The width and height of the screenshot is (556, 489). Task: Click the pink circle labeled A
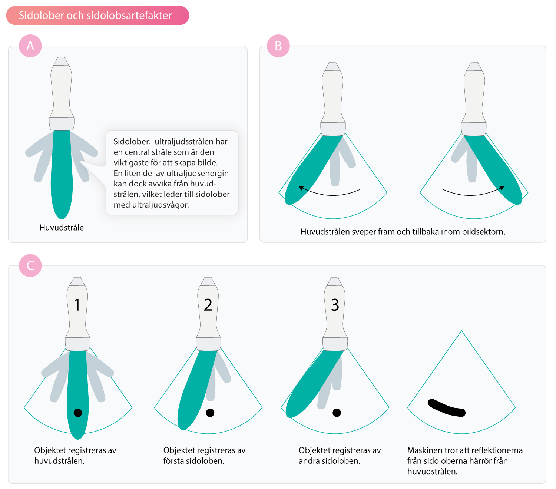pyautogui.click(x=30, y=46)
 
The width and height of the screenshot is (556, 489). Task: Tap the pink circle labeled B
pyautogui.click(x=278, y=46)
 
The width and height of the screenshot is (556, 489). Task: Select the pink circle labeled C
pyautogui.click(x=30, y=265)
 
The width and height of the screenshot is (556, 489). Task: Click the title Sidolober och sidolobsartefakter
pyautogui.click(x=95, y=15)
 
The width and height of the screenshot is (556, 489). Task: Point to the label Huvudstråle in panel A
pyautogui.click(x=62, y=228)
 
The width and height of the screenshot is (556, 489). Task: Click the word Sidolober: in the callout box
pyautogui.click(x=132, y=141)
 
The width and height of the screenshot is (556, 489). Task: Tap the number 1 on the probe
pyautogui.click(x=77, y=305)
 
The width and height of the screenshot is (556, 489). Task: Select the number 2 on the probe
pyautogui.click(x=208, y=305)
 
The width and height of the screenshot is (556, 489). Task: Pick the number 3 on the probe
pyautogui.click(x=335, y=305)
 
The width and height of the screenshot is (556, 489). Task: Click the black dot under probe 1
pyautogui.click(x=78, y=413)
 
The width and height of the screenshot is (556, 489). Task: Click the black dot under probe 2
pyautogui.click(x=210, y=413)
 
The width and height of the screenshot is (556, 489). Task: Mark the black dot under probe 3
pyautogui.click(x=337, y=413)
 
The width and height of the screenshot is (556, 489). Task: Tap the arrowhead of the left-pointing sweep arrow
pyautogui.click(x=301, y=188)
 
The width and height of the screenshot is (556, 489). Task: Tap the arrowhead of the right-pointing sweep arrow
pyautogui.click(x=502, y=188)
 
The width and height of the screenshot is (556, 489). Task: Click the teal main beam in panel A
pyautogui.click(x=62, y=173)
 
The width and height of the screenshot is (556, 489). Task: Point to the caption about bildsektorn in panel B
pyautogui.click(x=403, y=232)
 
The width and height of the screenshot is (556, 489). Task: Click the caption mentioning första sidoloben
pyautogui.click(x=204, y=456)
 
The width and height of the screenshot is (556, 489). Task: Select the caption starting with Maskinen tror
pyautogui.click(x=465, y=461)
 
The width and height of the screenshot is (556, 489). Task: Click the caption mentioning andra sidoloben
pyautogui.click(x=340, y=456)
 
